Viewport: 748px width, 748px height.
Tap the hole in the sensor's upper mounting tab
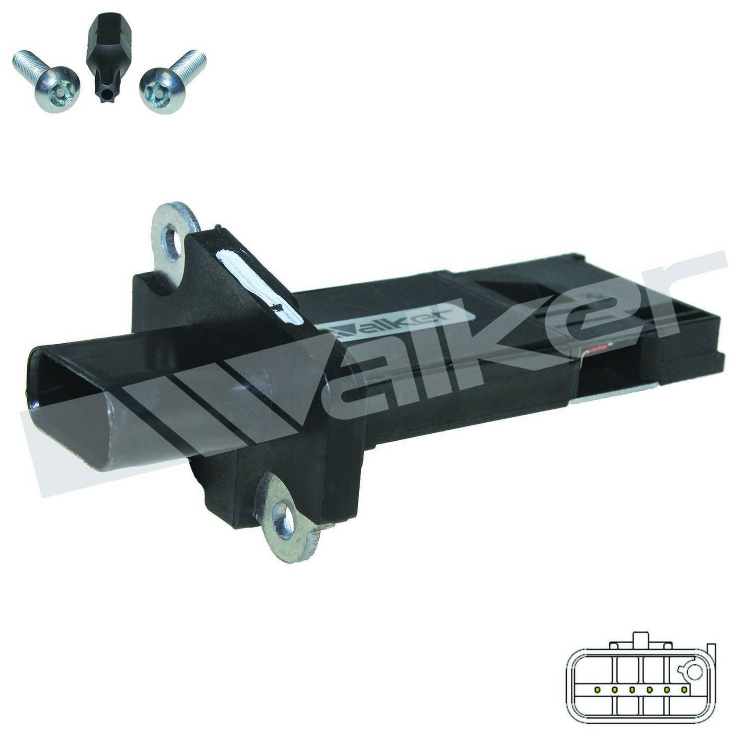point(172,242)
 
